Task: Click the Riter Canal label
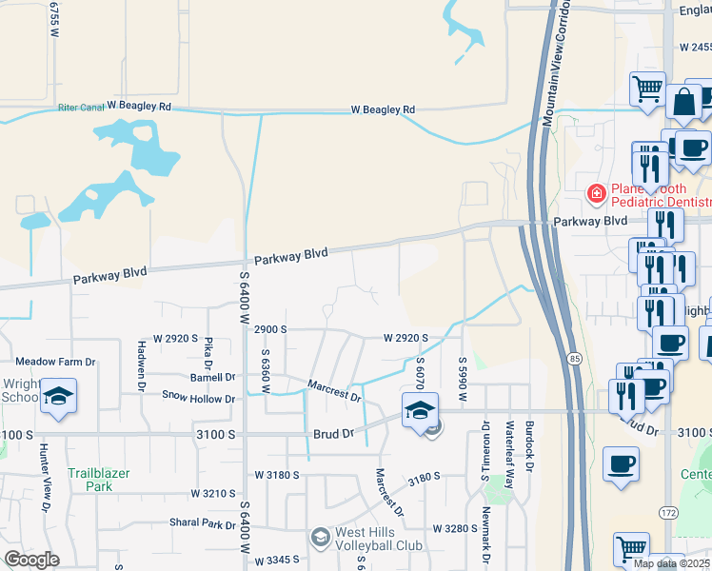coord(81,108)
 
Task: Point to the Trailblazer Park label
coord(99,480)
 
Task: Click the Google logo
coord(31,560)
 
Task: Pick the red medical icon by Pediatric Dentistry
coord(597,194)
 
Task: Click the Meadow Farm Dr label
coord(56,362)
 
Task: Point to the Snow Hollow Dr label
coord(198,398)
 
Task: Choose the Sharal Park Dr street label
coord(203,524)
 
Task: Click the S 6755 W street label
coord(54,19)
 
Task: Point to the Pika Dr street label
coord(208,349)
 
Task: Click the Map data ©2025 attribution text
coord(671,563)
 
